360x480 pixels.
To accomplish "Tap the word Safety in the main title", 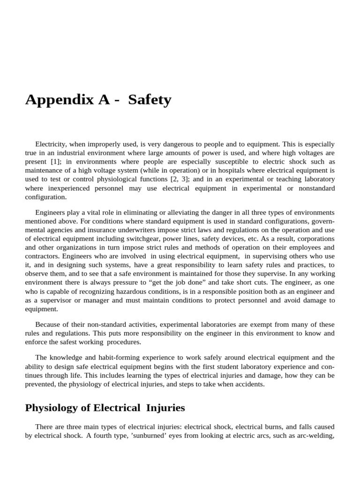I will coord(150,100).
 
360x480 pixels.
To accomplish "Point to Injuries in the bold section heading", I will coord(165,408).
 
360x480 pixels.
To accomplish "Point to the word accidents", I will coord(248,384).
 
